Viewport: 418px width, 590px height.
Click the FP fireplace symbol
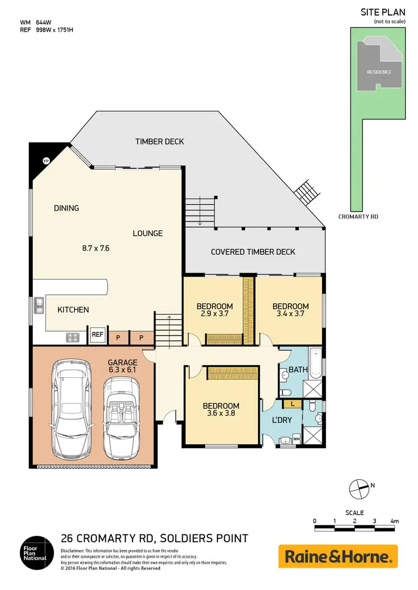tap(46, 160)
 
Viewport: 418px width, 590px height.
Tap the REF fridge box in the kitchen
tap(98, 335)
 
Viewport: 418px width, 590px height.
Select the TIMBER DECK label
tap(159, 141)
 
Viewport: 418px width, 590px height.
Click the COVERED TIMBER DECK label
tap(253, 252)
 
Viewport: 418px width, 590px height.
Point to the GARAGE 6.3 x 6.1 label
tap(122, 366)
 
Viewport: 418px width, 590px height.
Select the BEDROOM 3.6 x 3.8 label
tap(221, 410)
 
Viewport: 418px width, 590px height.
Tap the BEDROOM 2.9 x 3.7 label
tap(215, 310)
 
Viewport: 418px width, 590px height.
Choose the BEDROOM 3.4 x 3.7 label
tap(290, 310)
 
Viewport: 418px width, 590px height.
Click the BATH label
tap(294, 369)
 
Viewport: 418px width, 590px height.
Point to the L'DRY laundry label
tap(281, 420)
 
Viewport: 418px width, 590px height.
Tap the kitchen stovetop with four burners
tap(73, 336)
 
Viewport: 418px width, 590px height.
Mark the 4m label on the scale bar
tap(395, 521)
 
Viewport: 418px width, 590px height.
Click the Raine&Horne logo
tap(338, 556)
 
